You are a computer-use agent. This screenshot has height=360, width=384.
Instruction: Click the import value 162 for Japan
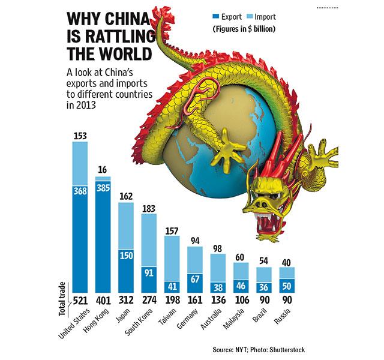click(128, 195)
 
